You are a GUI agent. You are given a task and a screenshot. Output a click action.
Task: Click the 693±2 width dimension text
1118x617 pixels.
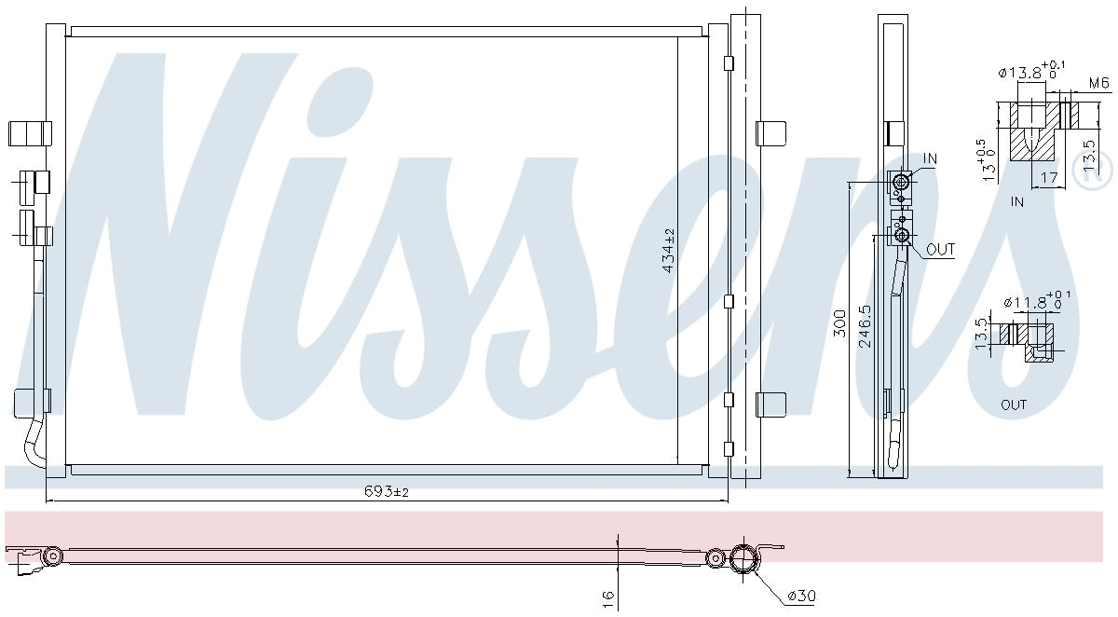[385, 491]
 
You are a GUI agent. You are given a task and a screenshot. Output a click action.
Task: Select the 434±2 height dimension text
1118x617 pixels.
[668, 251]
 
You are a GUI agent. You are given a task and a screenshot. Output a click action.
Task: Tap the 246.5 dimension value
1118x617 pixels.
[865, 326]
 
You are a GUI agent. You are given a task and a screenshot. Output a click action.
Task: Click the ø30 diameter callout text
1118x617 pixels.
[801, 596]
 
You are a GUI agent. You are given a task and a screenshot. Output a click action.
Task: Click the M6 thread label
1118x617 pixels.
[1099, 84]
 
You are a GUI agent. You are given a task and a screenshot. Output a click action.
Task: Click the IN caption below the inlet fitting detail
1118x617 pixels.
[1016, 201]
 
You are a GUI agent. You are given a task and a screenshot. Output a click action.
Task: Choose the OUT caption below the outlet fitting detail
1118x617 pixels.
[1014, 404]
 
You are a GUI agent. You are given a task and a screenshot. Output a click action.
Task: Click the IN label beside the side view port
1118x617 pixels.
[930, 159]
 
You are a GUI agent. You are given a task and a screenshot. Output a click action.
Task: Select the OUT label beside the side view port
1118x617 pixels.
[940, 250]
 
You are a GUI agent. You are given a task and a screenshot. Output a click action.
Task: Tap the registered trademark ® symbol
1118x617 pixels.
[1091, 169]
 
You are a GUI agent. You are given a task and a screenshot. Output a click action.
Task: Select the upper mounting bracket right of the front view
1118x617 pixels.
[770, 133]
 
